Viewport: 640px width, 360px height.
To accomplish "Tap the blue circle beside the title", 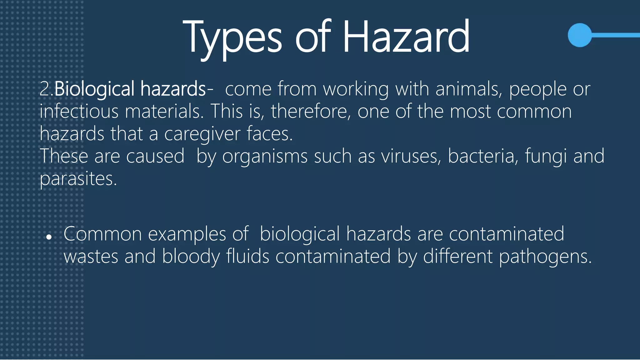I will [x=580, y=35].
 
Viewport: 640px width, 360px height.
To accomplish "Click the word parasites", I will [x=78, y=179].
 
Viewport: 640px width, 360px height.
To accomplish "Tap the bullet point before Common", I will [x=49, y=237].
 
